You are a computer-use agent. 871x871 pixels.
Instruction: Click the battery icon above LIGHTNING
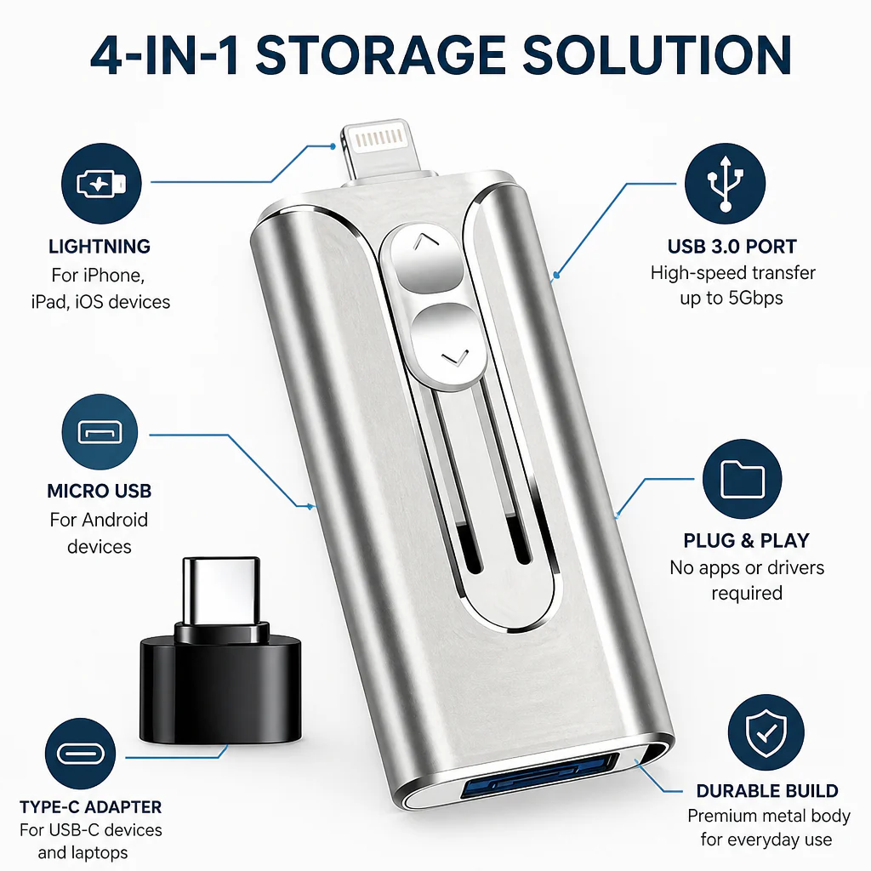coord(101,184)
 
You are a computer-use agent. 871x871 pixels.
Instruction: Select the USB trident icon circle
coord(725,184)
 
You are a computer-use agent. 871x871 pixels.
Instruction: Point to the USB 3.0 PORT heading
coord(732,247)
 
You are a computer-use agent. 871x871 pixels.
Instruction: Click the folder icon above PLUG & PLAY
coord(742,479)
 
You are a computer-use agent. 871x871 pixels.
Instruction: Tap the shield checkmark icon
coord(766,732)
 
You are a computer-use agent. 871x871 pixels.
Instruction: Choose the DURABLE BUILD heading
coord(767,791)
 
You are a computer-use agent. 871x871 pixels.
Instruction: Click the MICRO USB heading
coord(100,491)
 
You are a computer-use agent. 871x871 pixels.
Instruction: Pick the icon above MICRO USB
coord(100,432)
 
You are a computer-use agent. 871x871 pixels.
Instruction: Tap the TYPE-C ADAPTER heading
coord(90,806)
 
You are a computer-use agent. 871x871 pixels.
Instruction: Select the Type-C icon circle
coord(81,754)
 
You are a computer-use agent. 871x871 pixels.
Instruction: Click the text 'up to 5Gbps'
coord(732,299)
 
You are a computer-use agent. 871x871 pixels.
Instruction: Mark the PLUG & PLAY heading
coord(746,540)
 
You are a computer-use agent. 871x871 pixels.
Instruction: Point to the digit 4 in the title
coord(106,55)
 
